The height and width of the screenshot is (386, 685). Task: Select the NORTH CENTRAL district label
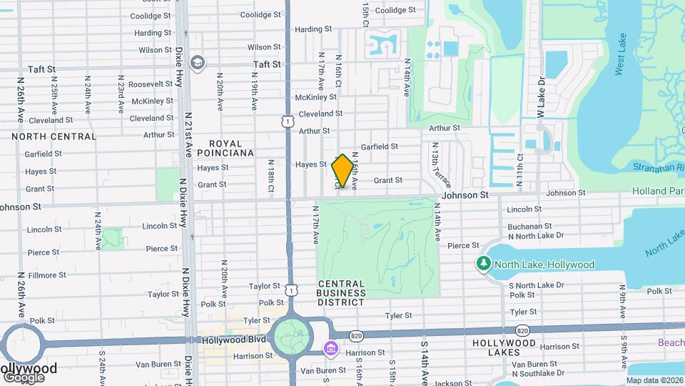pyautogui.click(x=54, y=137)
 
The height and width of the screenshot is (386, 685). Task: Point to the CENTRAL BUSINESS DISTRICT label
pyautogui.click(x=341, y=292)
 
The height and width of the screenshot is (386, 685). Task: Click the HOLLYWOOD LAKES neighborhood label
pyautogui.click(x=504, y=348)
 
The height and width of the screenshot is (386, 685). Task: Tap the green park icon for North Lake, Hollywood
pyautogui.click(x=484, y=264)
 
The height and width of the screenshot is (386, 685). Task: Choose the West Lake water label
pyautogui.click(x=620, y=54)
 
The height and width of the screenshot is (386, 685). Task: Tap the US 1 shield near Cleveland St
pyautogui.click(x=287, y=122)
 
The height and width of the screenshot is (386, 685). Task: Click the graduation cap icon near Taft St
pyautogui.click(x=198, y=63)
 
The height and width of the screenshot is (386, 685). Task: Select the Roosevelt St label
pyautogui.click(x=151, y=84)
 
